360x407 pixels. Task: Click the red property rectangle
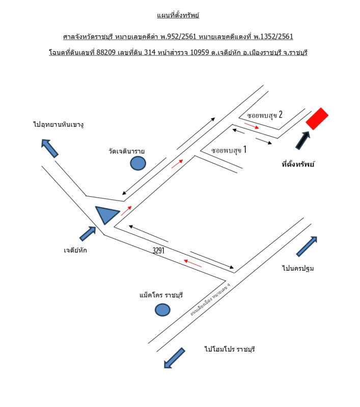click(317, 119)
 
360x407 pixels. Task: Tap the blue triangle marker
click(106, 214)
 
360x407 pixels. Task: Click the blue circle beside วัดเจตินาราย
click(138, 163)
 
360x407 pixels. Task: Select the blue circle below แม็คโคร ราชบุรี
click(162, 309)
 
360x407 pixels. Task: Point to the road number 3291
click(158, 250)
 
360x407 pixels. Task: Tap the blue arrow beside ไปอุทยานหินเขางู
click(49, 148)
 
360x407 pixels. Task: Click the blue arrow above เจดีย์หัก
click(88, 234)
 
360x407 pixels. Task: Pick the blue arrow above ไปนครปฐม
click(308, 246)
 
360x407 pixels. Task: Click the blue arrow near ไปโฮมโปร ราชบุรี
click(175, 358)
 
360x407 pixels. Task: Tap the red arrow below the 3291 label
click(192, 263)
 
